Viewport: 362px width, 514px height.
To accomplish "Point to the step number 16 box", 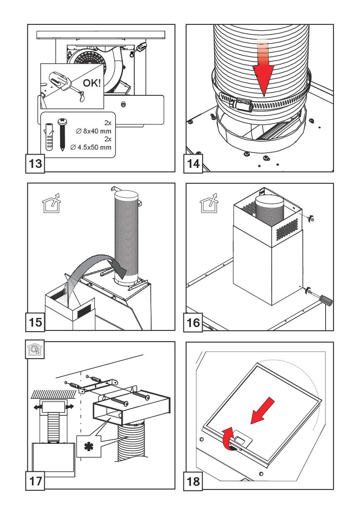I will click(x=193, y=322).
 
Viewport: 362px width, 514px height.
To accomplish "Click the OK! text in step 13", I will click(x=92, y=84).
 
